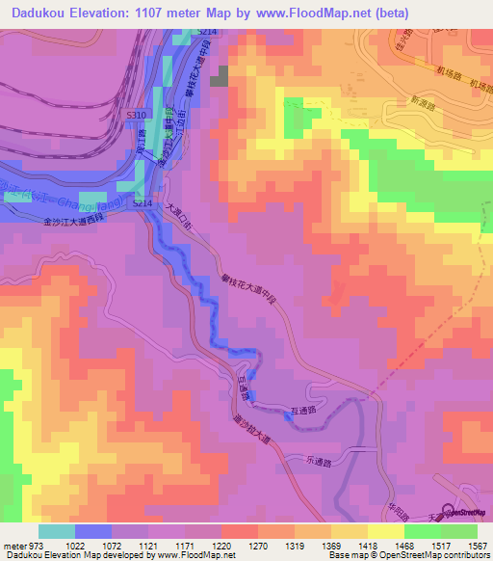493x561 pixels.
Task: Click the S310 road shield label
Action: coord(137,114)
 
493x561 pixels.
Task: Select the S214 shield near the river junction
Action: coord(143,204)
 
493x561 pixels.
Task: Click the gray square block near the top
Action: coord(221,77)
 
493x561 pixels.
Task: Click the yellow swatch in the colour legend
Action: coord(385,530)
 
